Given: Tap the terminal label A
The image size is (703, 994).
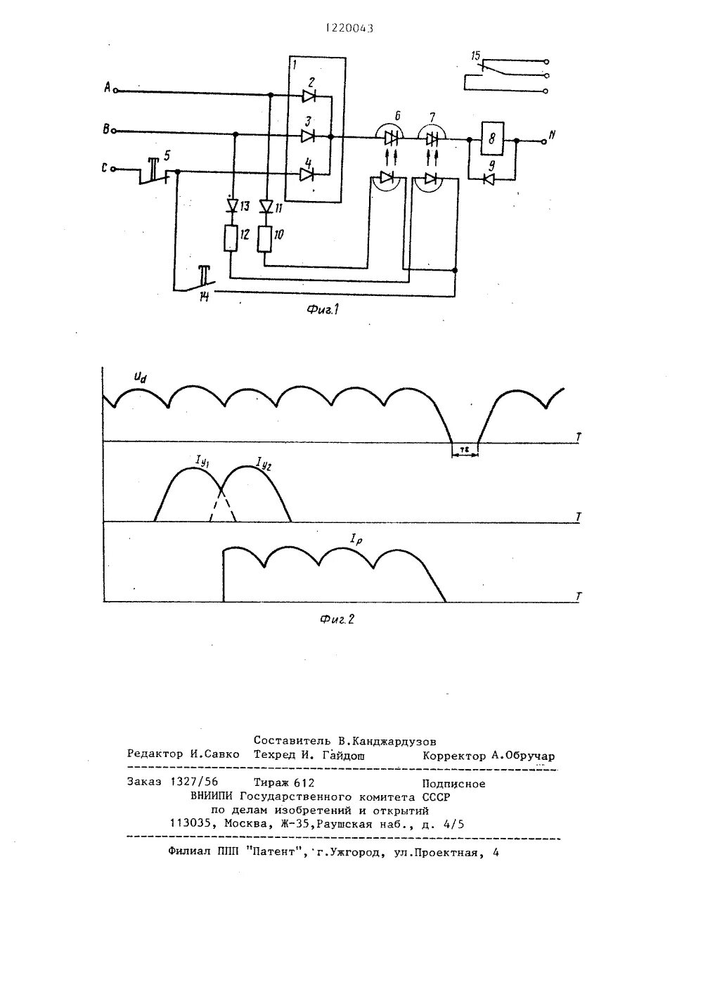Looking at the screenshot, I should point(107,87).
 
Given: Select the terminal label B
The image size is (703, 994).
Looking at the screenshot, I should point(106,129).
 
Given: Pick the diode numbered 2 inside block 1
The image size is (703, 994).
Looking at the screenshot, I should point(309,95).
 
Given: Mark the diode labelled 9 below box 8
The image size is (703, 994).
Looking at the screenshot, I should point(490,179).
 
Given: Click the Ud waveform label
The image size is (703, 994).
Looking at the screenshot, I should point(141,379).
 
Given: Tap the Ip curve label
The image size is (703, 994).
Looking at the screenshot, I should point(356,539).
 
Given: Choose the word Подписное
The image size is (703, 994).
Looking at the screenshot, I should point(453,782).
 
